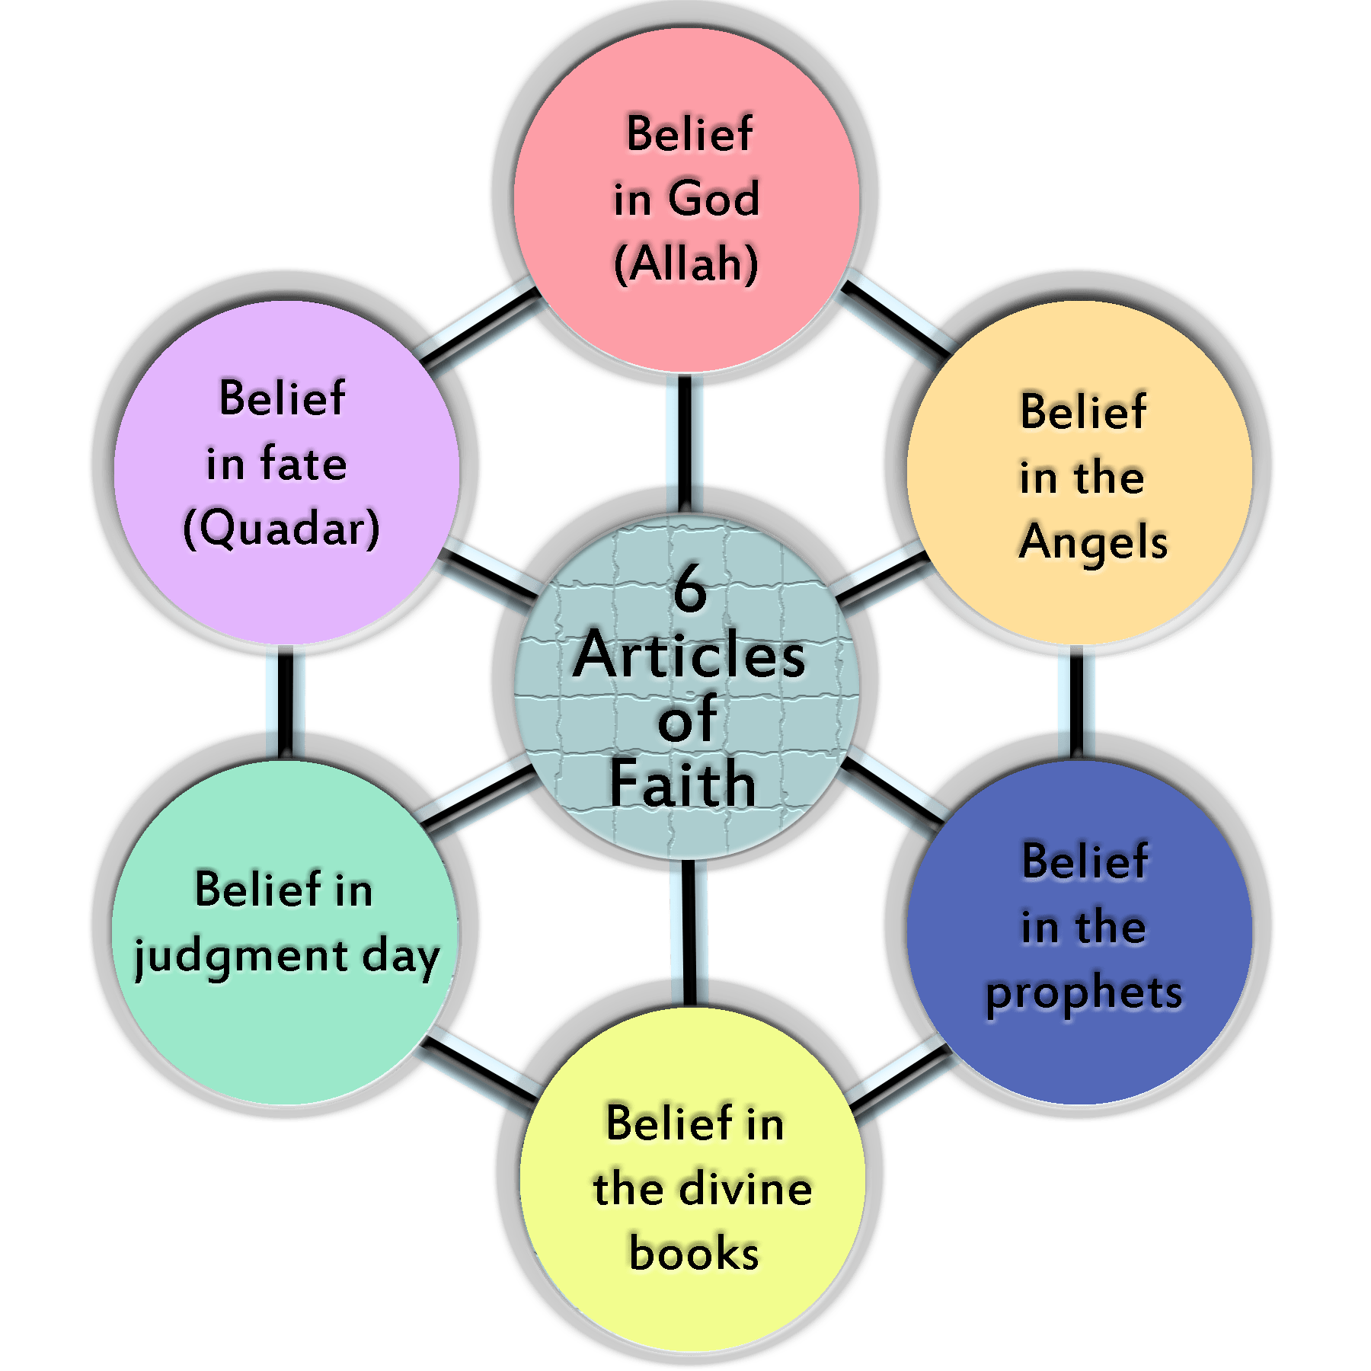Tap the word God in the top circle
click(714, 198)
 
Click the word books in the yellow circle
click(694, 1253)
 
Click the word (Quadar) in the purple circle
click(281, 529)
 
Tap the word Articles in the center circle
click(689, 657)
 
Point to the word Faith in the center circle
click(682, 785)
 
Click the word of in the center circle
click(687, 720)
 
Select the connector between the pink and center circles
click(685, 442)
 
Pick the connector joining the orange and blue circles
click(1076, 701)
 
